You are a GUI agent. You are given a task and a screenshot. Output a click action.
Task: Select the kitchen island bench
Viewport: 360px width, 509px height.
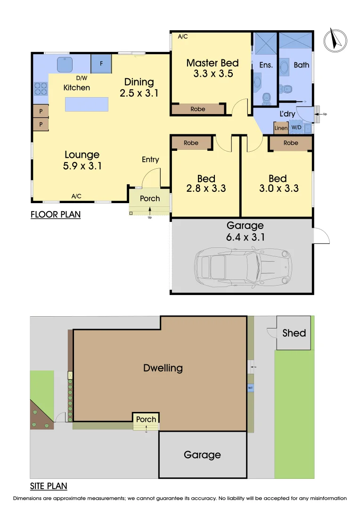(86, 104)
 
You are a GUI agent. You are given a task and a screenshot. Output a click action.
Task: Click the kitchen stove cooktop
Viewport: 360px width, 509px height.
(40, 88)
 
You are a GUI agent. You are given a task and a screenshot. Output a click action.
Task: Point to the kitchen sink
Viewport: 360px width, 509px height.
(64, 64)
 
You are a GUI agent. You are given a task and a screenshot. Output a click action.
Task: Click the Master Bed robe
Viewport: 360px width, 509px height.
(198, 109)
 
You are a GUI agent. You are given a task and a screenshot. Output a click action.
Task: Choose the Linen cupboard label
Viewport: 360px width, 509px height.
(281, 128)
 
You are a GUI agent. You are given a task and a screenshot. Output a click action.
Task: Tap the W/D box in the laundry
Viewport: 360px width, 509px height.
(296, 128)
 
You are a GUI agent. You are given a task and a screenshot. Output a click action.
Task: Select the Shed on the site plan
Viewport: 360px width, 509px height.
(294, 333)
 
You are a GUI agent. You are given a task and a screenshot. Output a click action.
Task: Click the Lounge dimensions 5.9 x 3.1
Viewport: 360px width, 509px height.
(82, 166)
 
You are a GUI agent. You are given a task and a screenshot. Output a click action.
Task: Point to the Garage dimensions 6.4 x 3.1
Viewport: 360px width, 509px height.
(245, 237)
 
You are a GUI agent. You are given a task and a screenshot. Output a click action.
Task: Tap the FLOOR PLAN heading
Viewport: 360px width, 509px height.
(56, 215)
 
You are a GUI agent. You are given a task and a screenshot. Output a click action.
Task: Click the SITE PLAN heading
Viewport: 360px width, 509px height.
(49, 486)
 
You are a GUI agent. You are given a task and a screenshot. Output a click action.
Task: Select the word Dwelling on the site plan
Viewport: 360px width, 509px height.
(163, 368)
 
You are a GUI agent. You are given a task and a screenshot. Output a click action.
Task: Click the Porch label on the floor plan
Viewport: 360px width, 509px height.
(150, 198)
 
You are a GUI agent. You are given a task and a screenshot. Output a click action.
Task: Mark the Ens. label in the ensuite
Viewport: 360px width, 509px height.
(266, 65)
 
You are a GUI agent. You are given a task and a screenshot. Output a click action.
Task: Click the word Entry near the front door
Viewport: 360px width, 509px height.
(150, 160)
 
